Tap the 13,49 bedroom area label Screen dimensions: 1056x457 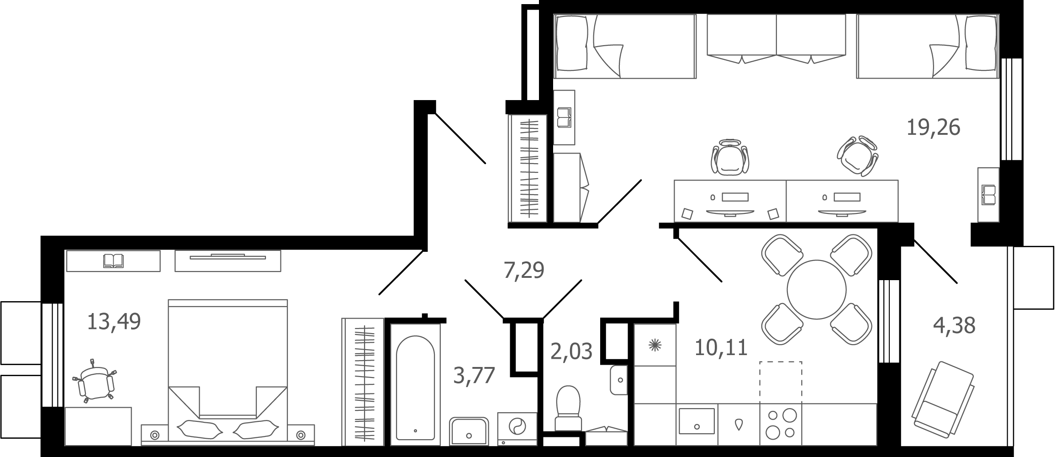tap(114, 321)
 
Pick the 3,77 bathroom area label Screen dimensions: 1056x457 tap(474, 376)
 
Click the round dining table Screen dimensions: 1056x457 tap(817, 289)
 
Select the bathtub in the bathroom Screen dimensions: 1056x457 tap(415, 388)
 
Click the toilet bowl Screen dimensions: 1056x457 tap(569, 408)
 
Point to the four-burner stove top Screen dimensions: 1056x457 tap(781, 424)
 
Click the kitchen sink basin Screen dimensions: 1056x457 tap(697, 421)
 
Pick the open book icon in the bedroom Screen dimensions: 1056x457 tap(113, 261)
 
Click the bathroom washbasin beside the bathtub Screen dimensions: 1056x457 tap(469, 431)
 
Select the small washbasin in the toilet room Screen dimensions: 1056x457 tap(619, 380)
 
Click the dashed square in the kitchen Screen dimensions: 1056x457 tap(781, 383)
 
